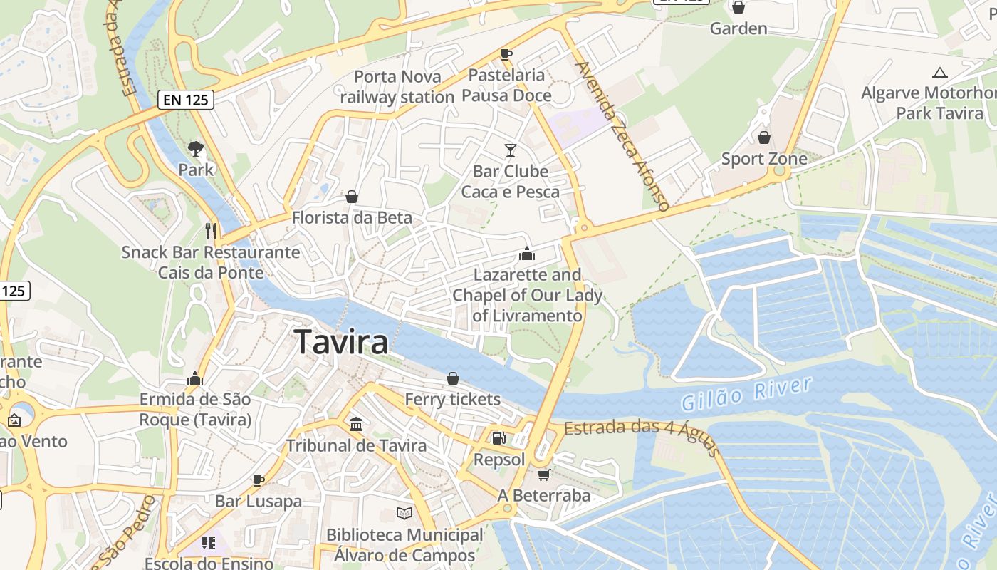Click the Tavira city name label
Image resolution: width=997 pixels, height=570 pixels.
[341, 342]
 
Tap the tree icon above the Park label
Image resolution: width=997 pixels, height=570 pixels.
[196, 149]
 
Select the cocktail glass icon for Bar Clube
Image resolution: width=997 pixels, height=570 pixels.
[510, 150]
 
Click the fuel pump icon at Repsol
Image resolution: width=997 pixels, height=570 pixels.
[499, 437]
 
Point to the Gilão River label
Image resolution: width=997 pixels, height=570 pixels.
[746, 394]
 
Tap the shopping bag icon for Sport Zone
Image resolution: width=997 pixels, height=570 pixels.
[764, 137]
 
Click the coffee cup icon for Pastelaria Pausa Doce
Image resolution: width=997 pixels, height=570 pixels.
[506, 53]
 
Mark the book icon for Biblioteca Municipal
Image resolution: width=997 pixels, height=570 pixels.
[404, 513]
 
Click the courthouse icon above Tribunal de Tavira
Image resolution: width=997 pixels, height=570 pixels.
[356, 425]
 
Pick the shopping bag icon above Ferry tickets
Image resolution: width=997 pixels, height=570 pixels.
[453, 378]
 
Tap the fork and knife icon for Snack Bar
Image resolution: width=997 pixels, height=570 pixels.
[210, 230]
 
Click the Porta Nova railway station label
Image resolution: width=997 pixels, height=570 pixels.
[397, 86]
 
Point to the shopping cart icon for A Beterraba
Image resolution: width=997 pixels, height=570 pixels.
[543, 474]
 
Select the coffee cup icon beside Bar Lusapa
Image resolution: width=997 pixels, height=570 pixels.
[259, 480]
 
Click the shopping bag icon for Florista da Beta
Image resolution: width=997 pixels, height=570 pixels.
[352, 197]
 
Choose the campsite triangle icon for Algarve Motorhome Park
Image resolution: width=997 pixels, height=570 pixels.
[940, 73]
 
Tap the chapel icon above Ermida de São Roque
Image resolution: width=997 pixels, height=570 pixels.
[195, 378]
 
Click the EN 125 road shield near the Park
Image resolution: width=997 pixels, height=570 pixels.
[187, 100]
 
